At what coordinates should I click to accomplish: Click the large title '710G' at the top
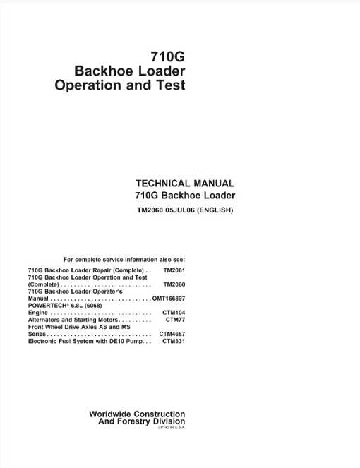(x=168, y=57)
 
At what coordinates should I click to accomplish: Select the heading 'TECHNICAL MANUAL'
(x=184, y=183)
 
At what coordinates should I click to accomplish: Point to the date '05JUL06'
(x=183, y=210)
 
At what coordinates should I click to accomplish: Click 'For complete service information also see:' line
(x=124, y=259)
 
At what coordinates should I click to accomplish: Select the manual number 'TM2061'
(x=174, y=270)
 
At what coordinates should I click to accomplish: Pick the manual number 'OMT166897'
(x=169, y=299)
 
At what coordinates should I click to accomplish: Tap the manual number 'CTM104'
(x=174, y=313)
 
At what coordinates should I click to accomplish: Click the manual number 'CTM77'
(x=175, y=320)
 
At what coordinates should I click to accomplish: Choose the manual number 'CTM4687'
(x=172, y=334)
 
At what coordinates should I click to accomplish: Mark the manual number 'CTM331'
(x=174, y=341)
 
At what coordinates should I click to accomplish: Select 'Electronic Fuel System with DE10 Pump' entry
(x=85, y=341)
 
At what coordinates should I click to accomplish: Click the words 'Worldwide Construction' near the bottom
(x=137, y=414)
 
